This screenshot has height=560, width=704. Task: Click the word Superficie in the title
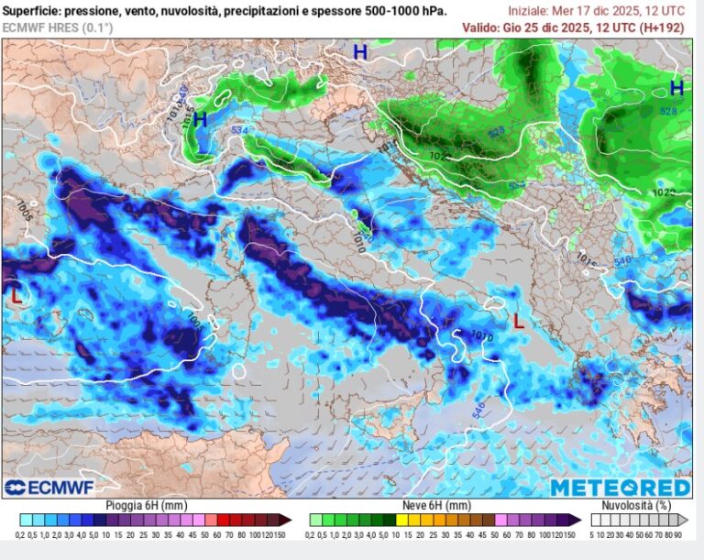point(32,11)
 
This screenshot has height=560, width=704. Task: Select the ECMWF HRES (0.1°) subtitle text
point(57,27)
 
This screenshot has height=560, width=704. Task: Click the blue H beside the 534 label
point(200,119)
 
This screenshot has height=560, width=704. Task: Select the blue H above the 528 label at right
point(676,88)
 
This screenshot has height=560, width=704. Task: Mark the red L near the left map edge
point(16,296)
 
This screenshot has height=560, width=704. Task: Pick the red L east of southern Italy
point(519,321)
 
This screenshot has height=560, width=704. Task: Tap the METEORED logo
point(620,487)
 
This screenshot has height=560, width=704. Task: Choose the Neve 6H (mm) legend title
point(438,505)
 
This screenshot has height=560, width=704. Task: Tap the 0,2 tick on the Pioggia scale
point(21,534)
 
